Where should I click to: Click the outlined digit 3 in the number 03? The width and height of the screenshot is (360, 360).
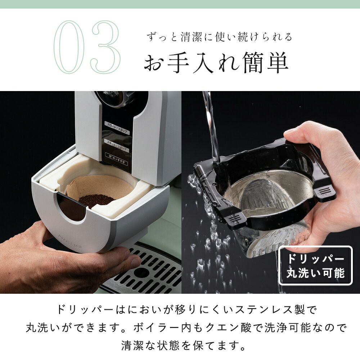tap(105, 47)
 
